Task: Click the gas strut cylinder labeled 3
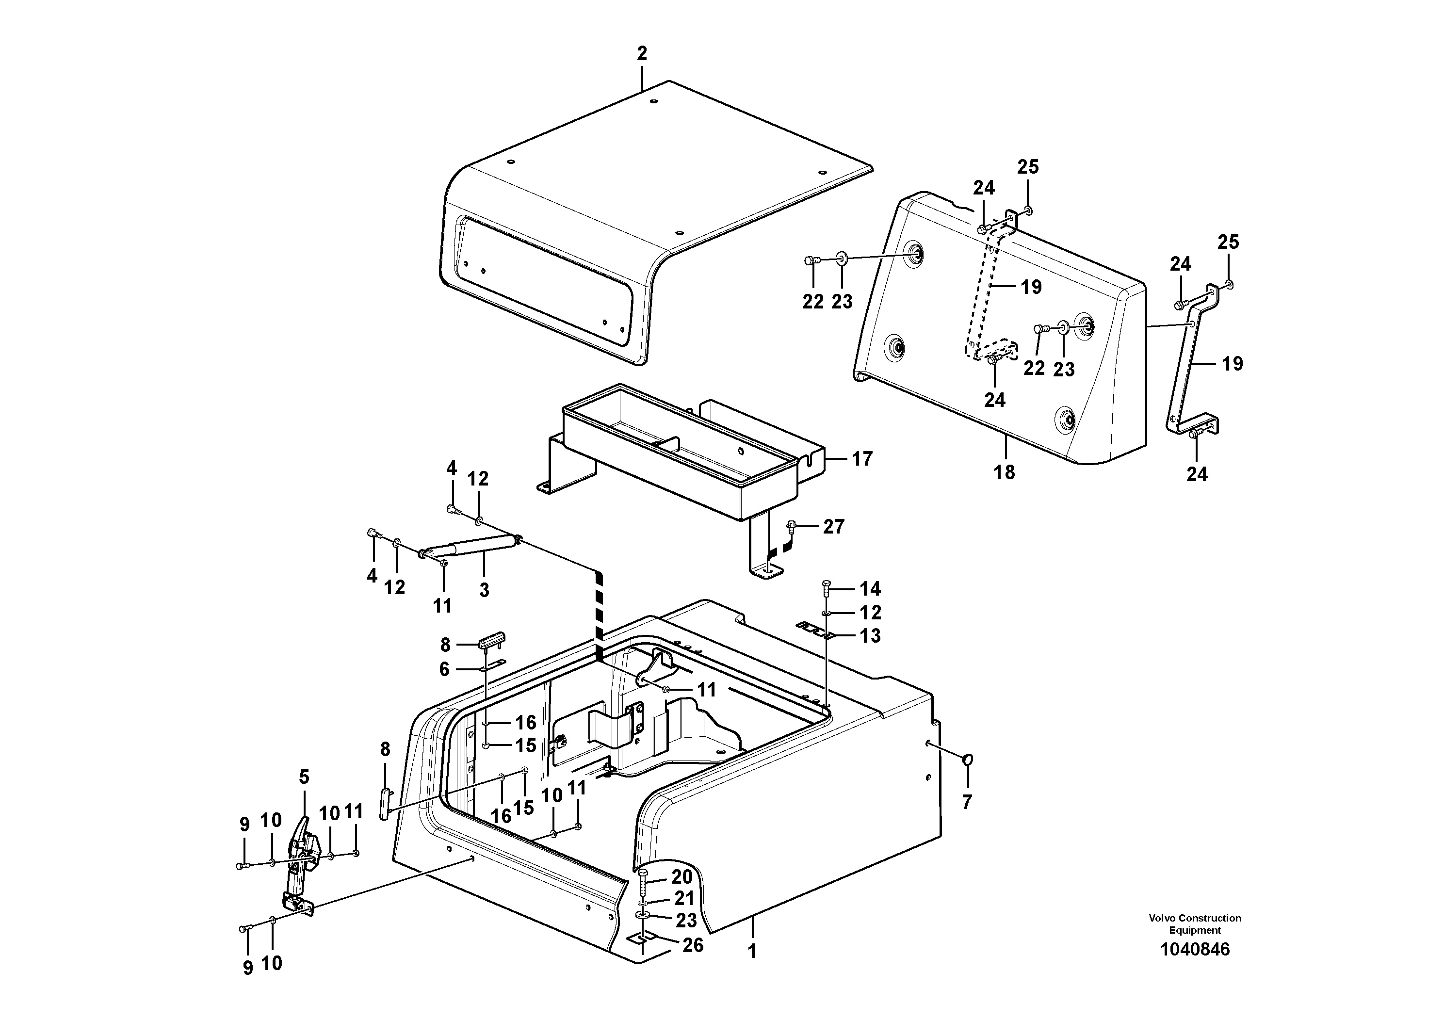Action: pyautogui.click(x=469, y=545)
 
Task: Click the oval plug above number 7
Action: pyautogui.click(x=968, y=761)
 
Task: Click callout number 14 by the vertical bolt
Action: pyautogui.click(x=870, y=589)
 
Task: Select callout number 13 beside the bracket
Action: pyautogui.click(x=870, y=636)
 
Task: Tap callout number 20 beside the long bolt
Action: pyautogui.click(x=682, y=876)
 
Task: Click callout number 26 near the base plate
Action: pyautogui.click(x=693, y=945)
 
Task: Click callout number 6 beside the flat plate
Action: pyautogui.click(x=444, y=669)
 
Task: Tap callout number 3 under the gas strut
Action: pyautogui.click(x=484, y=590)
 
